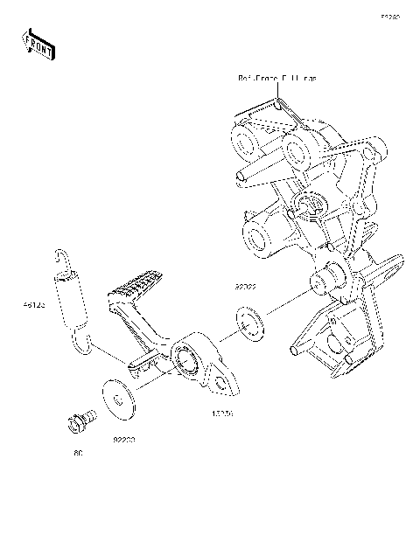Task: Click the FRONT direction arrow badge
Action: click(38, 43)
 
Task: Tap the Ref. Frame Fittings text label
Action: click(277, 79)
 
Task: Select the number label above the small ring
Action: click(245, 286)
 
